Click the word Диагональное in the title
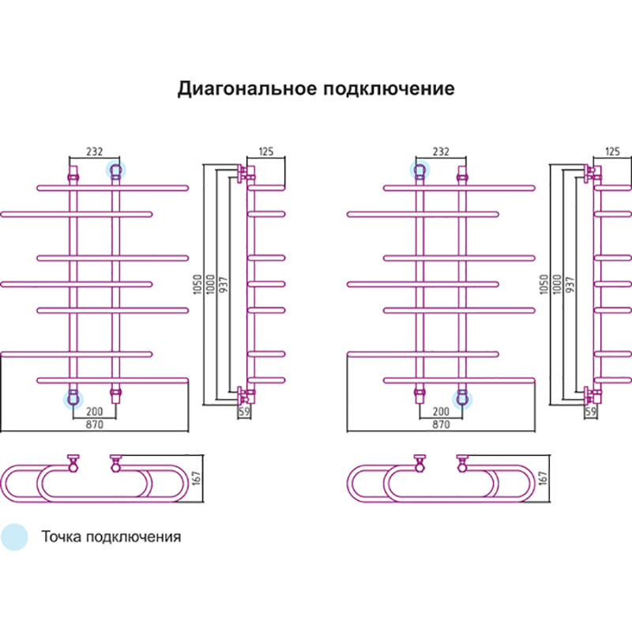tap(246, 88)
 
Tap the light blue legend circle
tap(14, 536)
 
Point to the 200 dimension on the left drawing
tap(94, 412)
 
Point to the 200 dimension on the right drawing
tap(440, 412)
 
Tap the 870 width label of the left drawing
tap(94, 424)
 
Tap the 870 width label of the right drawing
tap(440, 424)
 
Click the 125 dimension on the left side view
tap(265, 152)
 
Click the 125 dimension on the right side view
tap(611, 152)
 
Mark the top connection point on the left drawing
tap(116, 170)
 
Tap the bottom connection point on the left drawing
tap(73, 398)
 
